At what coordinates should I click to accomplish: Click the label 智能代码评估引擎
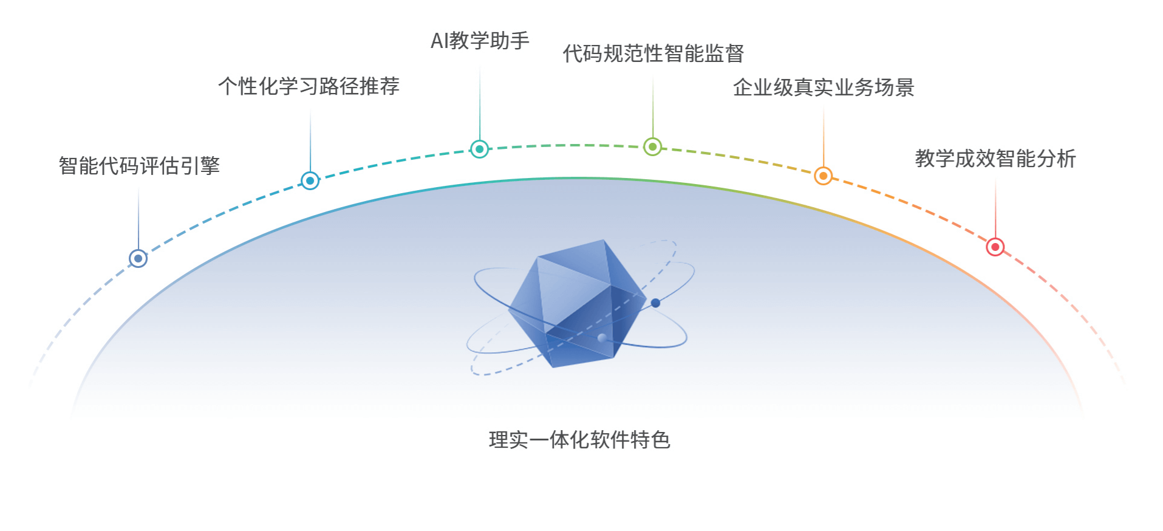point(139,166)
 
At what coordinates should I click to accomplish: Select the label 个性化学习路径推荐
point(309,86)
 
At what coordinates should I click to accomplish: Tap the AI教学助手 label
point(480,41)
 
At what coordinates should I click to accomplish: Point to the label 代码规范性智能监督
point(653,53)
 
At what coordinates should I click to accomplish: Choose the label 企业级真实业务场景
point(823,87)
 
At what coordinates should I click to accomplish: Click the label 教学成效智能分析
point(995,159)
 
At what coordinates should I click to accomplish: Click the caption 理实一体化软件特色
point(579,440)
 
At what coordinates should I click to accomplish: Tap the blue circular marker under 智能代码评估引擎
point(138,258)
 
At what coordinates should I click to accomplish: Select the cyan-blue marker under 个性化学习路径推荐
point(310,180)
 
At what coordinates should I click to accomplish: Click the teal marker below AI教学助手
point(480,149)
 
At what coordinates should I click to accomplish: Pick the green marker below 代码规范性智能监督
point(653,146)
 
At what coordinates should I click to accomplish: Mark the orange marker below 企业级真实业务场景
point(823,176)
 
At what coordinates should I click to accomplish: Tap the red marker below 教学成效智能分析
point(995,247)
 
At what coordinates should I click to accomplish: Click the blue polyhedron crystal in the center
point(577,304)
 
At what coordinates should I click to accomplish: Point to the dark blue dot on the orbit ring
point(655,303)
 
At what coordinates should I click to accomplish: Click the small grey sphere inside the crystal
point(602,337)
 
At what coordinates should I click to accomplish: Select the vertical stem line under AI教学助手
point(480,103)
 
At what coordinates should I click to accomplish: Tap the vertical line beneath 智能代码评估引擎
point(138,219)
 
